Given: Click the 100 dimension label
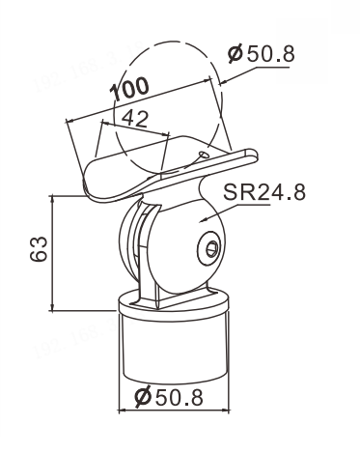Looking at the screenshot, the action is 129,89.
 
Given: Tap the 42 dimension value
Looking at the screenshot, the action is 135,118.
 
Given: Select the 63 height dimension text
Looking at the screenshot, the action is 39,249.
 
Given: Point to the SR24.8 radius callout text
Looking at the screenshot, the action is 264,192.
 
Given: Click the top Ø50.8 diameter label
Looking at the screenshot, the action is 262,53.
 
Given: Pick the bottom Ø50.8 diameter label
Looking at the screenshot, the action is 169,397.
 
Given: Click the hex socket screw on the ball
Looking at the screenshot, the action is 210,248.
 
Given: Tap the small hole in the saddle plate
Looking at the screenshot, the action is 204,155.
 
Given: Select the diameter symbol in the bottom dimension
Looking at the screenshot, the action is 143,397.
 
